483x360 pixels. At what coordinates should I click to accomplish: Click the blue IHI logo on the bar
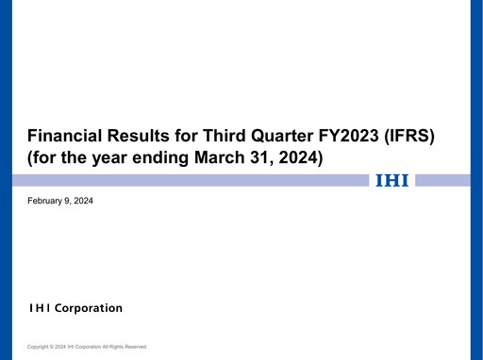click(391, 180)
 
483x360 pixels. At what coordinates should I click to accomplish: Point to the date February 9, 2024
click(60, 201)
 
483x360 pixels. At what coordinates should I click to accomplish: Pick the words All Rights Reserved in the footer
click(125, 347)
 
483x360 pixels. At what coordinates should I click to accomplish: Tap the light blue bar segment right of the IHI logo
click(442, 180)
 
